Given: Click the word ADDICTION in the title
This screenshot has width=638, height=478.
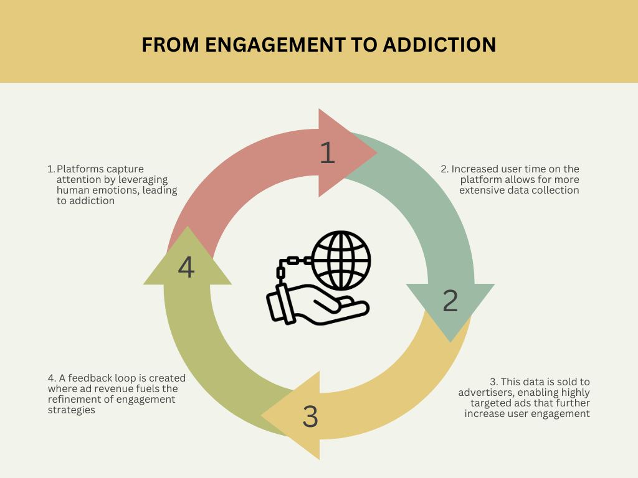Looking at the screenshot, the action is [x=439, y=45].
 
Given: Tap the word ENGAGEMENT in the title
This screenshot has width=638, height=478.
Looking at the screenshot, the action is [x=275, y=45].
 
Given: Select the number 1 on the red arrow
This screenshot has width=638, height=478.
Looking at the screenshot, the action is [x=327, y=153].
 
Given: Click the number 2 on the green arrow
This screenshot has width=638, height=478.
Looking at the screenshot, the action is [x=450, y=301].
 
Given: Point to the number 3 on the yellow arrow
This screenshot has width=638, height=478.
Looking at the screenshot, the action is [x=310, y=416].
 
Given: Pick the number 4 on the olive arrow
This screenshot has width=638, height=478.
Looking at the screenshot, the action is [x=186, y=268].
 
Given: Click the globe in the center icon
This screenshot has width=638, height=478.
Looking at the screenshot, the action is [x=341, y=260].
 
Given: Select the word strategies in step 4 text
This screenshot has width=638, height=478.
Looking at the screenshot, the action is [x=71, y=410].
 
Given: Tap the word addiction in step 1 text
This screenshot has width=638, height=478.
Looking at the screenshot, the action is [x=92, y=201].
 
